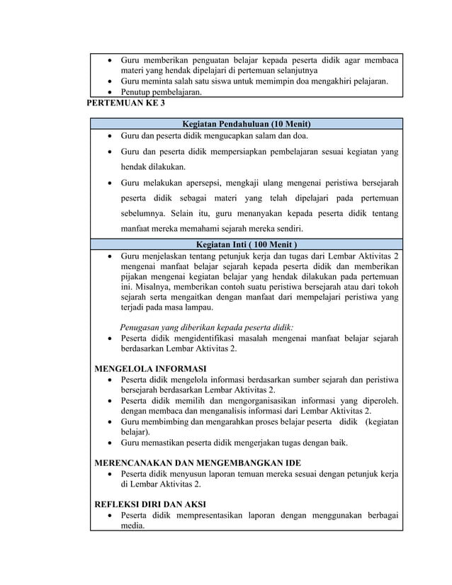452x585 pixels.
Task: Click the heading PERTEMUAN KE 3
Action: [125, 103]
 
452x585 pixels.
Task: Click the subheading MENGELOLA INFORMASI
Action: [150, 368]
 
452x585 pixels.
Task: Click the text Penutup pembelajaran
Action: [161, 92]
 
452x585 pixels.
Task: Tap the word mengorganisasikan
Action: [264, 400]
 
